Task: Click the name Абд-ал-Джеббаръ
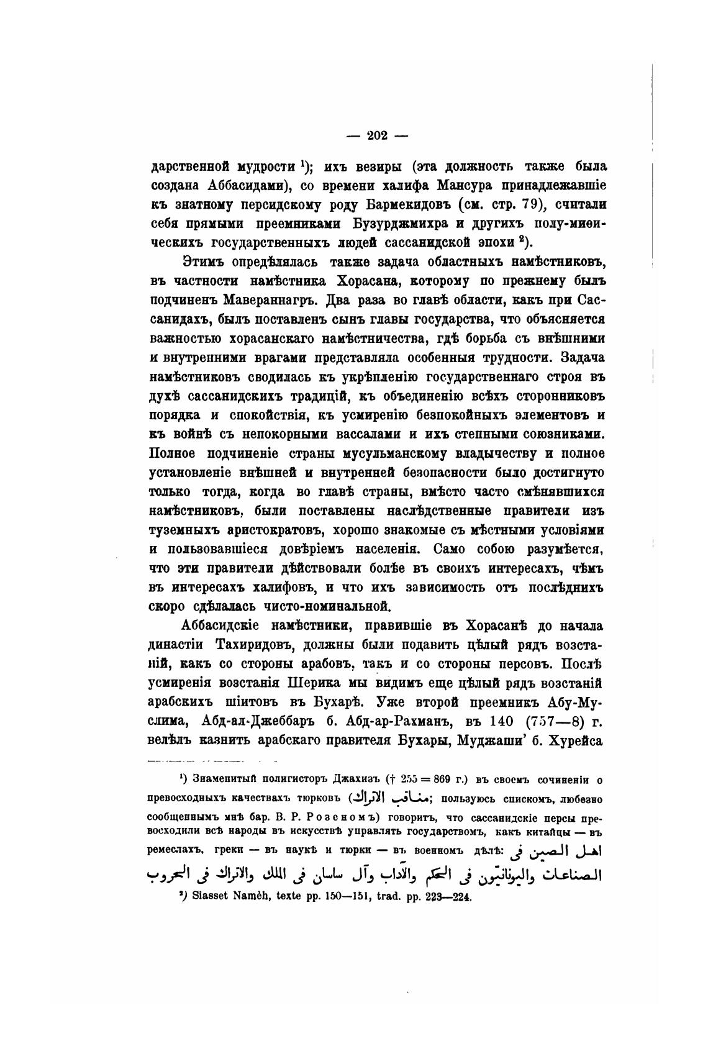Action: pos(263,722)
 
